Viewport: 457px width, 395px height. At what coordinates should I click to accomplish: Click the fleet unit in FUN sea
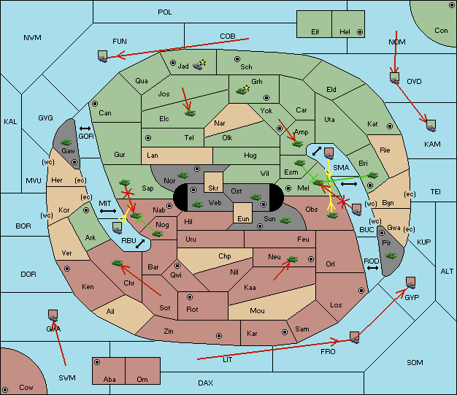(102, 56)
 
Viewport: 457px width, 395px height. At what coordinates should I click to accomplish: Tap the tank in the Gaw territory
(66, 142)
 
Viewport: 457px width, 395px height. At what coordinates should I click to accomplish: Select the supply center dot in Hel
(360, 32)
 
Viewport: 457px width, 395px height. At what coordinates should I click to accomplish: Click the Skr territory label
(213, 188)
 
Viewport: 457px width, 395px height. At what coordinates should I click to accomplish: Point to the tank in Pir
(391, 256)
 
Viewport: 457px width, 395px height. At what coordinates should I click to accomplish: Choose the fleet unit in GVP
(411, 283)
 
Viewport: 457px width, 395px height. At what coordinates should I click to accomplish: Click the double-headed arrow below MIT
(108, 211)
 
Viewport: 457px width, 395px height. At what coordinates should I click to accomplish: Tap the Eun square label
(243, 218)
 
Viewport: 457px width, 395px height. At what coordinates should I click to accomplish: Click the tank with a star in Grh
(242, 91)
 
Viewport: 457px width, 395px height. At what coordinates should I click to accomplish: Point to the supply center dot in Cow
(5, 390)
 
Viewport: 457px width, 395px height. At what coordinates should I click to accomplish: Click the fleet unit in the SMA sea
(329, 153)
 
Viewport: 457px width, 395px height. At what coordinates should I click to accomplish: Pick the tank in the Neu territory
(292, 259)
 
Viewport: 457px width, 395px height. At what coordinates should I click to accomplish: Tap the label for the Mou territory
(257, 311)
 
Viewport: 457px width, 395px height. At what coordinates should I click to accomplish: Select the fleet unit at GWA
(53, 315)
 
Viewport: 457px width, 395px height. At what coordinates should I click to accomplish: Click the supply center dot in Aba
(97, 362)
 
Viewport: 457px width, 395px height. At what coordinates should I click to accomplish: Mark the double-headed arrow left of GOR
(85, 129)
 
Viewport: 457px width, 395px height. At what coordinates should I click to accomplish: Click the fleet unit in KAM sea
(431, 126)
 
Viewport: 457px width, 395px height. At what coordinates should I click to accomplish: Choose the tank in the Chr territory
(117, 263)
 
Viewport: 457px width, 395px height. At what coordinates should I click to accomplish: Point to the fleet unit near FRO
(354, 337)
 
